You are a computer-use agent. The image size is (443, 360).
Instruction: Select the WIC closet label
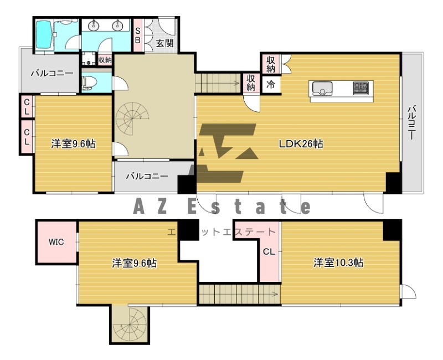point(56,242)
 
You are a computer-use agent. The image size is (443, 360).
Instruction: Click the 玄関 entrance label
point(164,43)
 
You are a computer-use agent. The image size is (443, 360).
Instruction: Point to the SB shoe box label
point(138,35)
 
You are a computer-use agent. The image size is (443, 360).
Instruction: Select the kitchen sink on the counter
point(322,88)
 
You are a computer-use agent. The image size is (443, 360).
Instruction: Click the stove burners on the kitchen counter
point(360,88)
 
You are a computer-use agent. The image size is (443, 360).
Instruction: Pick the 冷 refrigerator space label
point(271,85)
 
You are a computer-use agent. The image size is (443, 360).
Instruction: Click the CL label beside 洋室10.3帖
point(269,251)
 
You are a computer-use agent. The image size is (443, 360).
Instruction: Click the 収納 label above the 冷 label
point(270,64)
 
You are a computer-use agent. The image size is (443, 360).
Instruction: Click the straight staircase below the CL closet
point(238,293)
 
